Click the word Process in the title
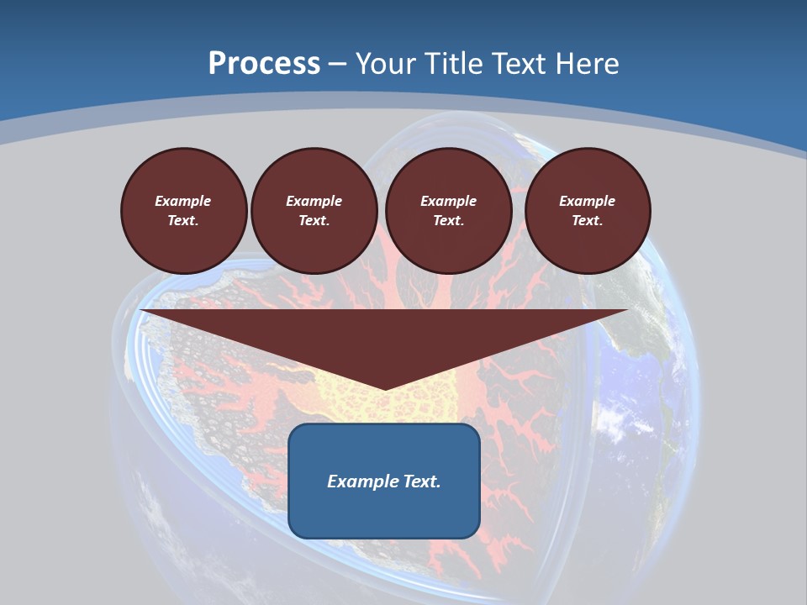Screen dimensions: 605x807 click(x=264, y=63)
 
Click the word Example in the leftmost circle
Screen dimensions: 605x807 click(x=182, y=201)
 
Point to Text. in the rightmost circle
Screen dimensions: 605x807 click(x=587, y=221)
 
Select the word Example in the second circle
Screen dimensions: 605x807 click(x=314, y=201)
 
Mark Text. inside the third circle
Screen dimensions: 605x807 click(x=448, y=221)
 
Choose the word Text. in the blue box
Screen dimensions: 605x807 click(x=420, y=481)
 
